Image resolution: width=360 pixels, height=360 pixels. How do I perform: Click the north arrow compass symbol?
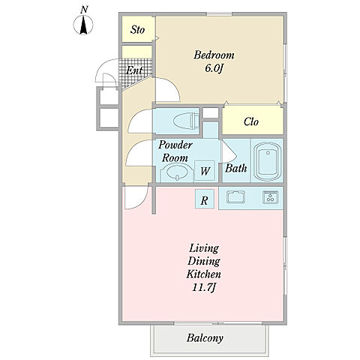coord(83,25)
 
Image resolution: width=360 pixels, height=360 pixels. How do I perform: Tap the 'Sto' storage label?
coord(137,30)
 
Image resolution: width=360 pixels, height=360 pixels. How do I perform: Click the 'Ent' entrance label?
coord(134,70)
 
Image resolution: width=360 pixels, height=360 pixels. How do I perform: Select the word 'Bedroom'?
coord(214,55)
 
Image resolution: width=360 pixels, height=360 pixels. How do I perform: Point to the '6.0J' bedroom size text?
coord(214,68)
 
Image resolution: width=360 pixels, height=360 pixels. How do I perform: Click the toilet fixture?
coord(185,121)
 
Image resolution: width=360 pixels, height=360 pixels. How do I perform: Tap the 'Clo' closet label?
coord(251,121)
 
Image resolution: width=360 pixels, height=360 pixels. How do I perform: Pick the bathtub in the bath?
coord(268,162)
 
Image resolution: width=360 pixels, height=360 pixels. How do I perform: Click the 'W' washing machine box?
coord(205,170)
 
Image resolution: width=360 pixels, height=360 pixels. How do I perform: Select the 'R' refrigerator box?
coord(205,199)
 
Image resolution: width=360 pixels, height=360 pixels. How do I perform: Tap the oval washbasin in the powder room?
coord(177,172)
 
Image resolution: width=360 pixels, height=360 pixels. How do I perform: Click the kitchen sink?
coord(235,196)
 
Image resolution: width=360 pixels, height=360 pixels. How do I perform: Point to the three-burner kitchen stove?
coord(271,196)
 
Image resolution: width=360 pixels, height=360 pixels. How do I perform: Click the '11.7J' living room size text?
coord(204,287)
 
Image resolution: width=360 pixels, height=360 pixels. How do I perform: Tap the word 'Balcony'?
coord(205,338)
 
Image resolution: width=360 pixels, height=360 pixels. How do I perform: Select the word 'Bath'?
coord(235,168)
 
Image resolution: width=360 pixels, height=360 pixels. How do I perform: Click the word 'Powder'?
coord(175,145)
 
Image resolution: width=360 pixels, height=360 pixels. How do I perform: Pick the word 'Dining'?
coord(204,261)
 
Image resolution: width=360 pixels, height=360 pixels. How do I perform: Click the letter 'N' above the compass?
coord(84,10)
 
